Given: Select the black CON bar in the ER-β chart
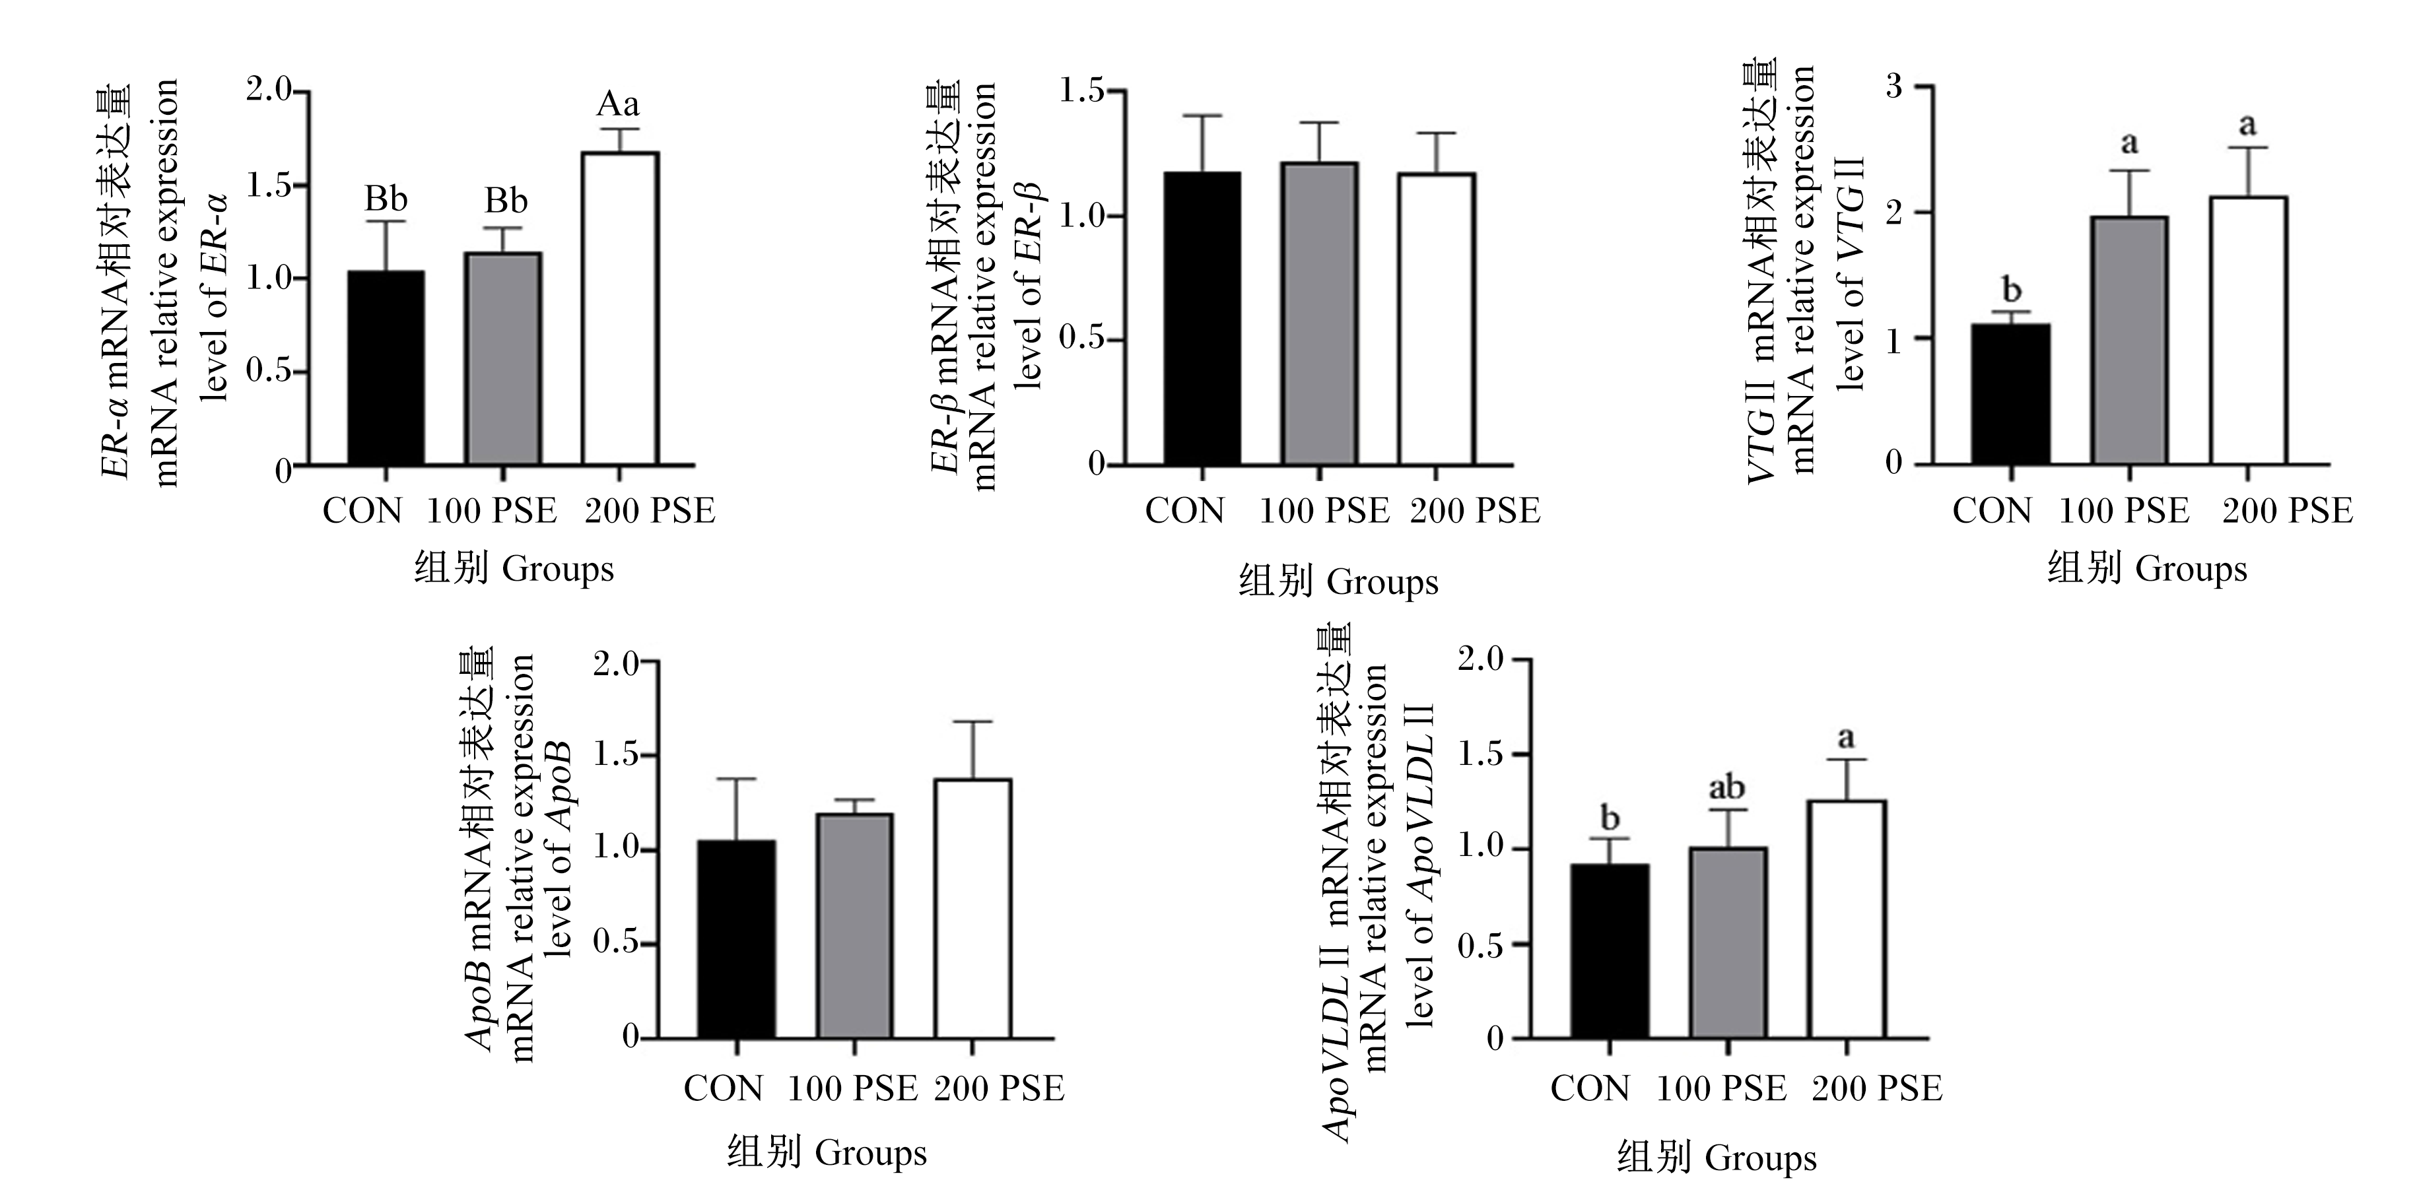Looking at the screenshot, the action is (x=1202, y=318).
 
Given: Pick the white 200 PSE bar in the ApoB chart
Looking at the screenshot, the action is (x=972, y=908).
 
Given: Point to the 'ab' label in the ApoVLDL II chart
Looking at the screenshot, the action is (x=1727, y=787).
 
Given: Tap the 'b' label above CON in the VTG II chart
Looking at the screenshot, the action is (x=2012, y=290).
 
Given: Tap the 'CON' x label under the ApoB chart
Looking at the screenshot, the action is (x=724, y=1088).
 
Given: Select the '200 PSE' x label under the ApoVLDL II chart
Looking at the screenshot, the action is (x=1876, y=1088).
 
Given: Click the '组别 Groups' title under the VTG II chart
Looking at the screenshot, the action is (x=2147, y=570).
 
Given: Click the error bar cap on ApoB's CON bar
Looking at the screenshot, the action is (x=737, y=779).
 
